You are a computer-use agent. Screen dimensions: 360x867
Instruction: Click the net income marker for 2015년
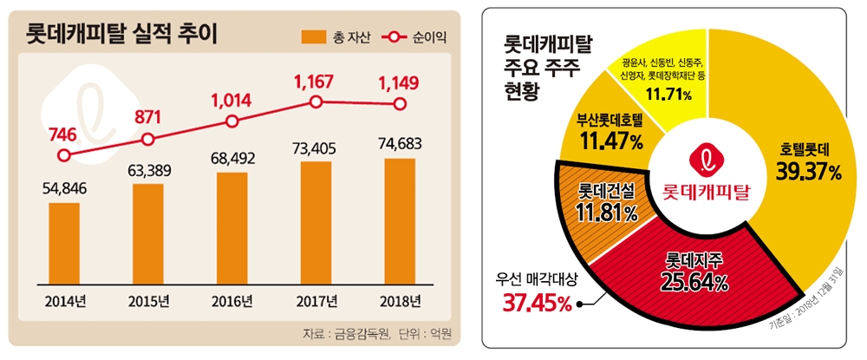pyautogui.click(x=148, y=139)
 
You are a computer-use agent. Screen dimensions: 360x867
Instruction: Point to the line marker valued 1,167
pyautogui.click(x=316, y=102)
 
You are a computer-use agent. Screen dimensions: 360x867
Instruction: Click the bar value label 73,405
pyautogui.click(x=316, y=150)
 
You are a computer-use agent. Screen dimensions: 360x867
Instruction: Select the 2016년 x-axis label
pyautogui.click(x=231, y=302)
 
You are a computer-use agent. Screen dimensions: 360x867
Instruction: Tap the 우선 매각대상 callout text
pyautogui.click(x=538, y=280)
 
